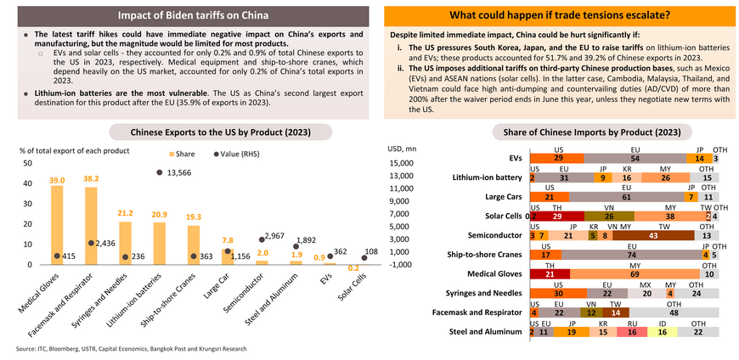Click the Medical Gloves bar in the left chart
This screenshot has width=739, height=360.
point(57,224)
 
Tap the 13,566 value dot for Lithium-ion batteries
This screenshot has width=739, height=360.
point(160,172)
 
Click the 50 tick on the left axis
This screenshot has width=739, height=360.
point(27,163)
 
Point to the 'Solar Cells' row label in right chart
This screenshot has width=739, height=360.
point(501,216)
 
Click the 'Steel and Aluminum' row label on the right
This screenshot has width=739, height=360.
point(488,331)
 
